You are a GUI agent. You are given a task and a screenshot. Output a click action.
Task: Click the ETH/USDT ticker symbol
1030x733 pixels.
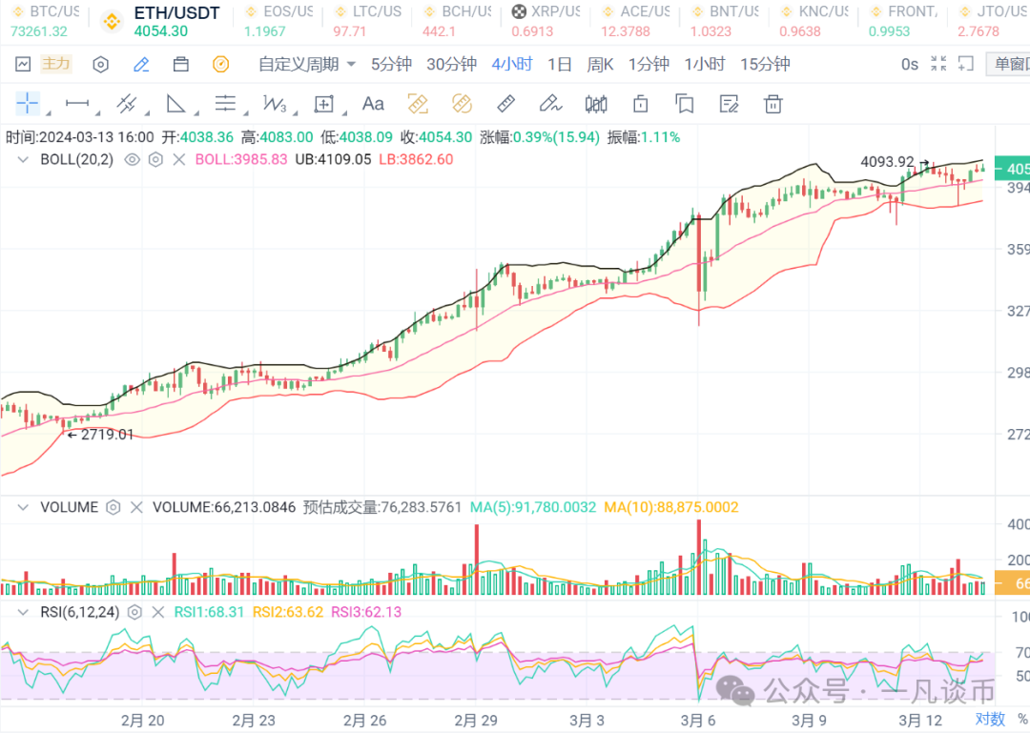click(176, 13)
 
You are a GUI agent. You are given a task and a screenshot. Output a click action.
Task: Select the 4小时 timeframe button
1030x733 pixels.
click(512, 65)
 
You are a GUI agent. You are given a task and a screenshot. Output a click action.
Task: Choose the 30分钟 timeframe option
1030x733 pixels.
click(451, 65)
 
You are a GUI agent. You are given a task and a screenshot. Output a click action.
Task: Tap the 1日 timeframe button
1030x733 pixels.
click(560, 65)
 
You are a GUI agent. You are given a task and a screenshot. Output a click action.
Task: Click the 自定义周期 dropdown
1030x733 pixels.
click(307, 65)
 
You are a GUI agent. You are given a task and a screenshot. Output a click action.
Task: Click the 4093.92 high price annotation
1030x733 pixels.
click(887, 162)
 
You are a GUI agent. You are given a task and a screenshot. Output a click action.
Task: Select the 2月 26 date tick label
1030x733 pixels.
click(365, 720)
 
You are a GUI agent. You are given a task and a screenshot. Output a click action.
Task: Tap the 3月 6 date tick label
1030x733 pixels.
click(699, 720)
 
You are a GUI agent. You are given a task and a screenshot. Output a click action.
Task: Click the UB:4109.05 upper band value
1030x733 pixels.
click(333, 159)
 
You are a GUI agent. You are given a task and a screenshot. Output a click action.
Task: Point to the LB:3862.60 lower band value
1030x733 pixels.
click(416, 159)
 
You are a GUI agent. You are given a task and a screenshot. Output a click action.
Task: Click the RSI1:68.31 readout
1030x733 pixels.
click(210, 612)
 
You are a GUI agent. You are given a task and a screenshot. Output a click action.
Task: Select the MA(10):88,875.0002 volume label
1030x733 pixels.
click(670, 507)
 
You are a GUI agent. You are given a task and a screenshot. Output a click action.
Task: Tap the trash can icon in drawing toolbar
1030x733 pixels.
click(773, 103)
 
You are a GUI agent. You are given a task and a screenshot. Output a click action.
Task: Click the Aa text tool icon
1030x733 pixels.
click(373, 103)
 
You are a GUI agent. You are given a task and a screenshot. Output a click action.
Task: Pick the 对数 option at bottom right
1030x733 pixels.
click(990, 719)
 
